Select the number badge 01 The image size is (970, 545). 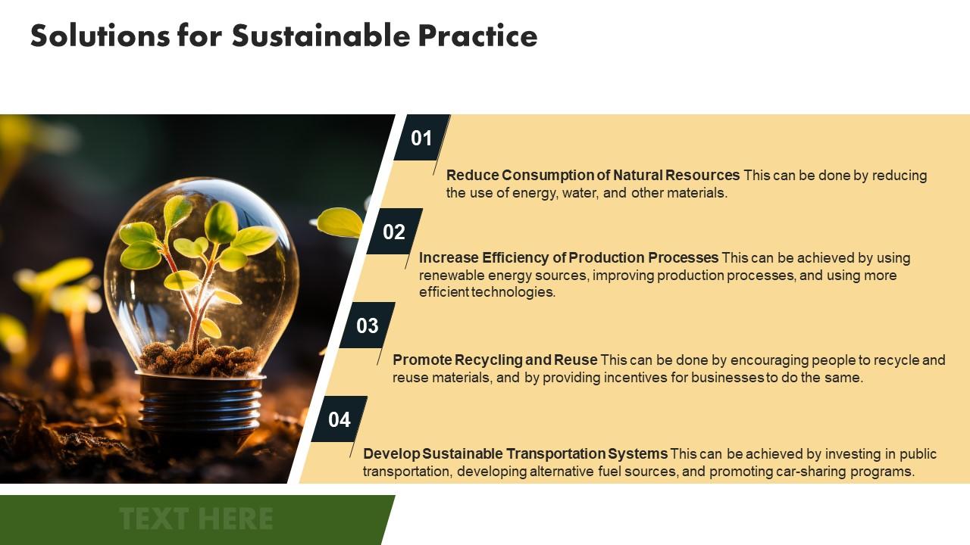(421, 138)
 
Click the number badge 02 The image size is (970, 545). (394, 232)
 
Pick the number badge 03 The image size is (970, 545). (367, 325)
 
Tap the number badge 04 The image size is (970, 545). (339, 419)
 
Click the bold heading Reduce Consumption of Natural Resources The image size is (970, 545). (593, 175)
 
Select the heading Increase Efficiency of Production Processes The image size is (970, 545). (568, 257)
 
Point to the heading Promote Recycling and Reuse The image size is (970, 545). (495, 360)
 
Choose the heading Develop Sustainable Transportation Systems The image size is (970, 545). (515, 453)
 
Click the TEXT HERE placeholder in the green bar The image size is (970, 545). (196, 519)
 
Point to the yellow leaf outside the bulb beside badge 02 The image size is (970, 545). (339, 222)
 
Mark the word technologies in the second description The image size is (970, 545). (513, 292)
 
